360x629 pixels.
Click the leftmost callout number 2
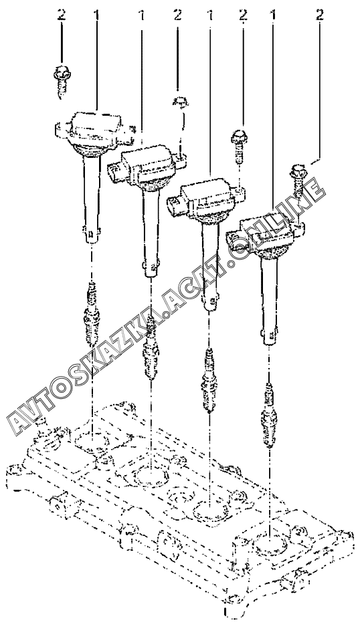[61, 15]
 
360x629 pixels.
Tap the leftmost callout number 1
[96, 15]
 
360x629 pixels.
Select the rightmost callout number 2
[319, 15]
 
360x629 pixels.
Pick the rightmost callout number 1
[273, 15]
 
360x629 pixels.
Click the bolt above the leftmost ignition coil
[60, 80]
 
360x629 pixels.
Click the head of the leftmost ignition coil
[94, 129]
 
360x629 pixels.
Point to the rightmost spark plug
[268, 414]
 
